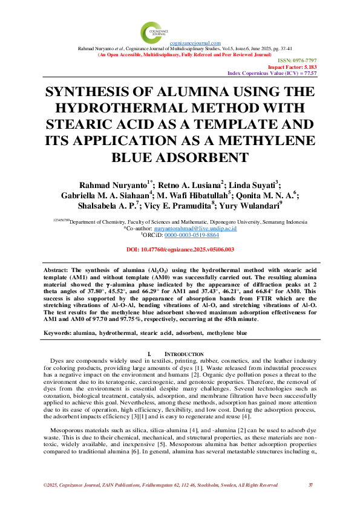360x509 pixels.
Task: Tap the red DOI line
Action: [x=180, y=248]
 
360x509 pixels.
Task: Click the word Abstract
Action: [x=59, y=267]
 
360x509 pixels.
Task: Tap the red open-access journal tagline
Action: [x=184, y=54]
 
